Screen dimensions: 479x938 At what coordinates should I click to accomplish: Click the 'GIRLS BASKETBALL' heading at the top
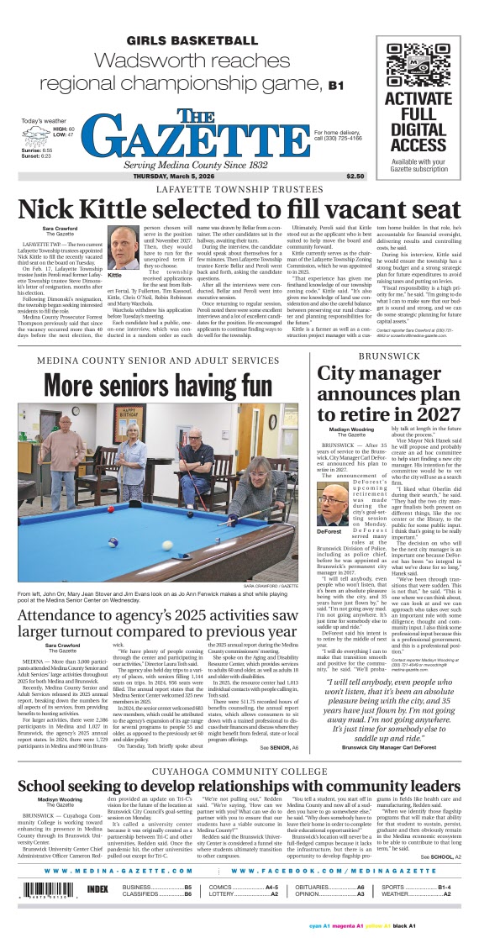192,40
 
